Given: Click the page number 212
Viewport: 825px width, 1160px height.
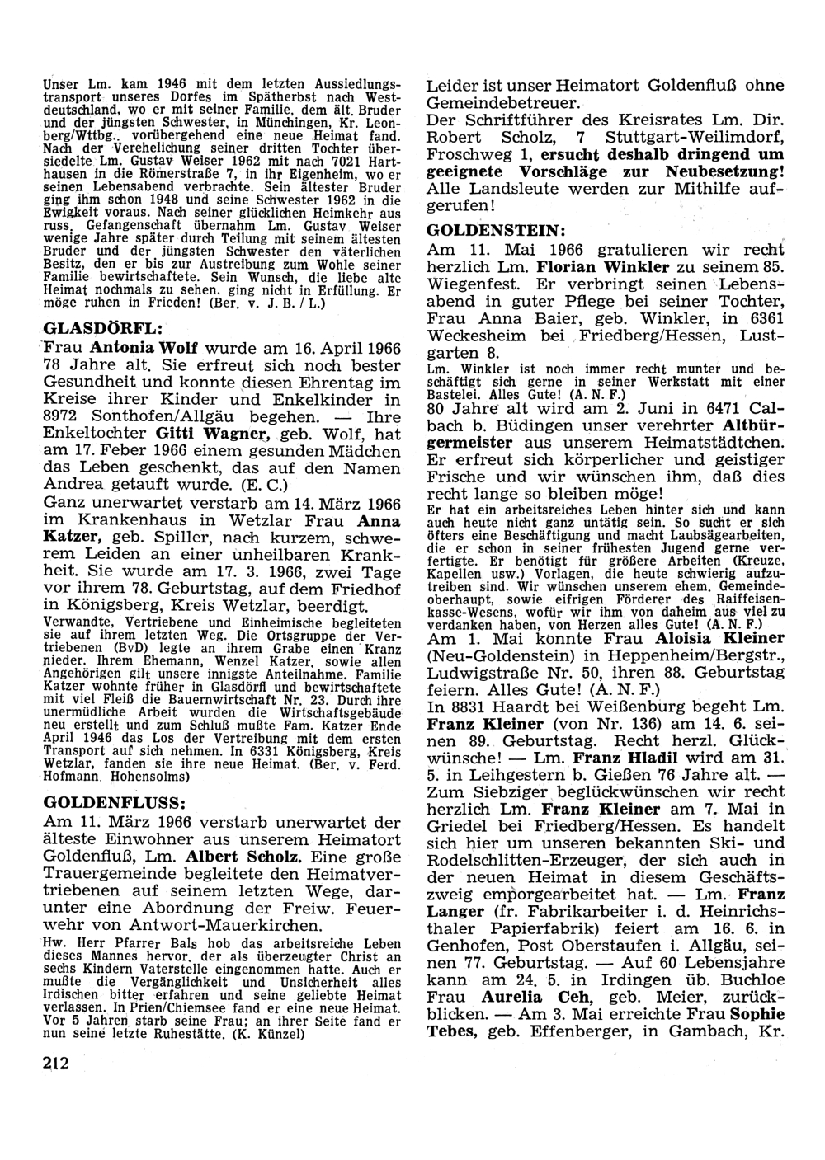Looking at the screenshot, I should (x=57, y=1062).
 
